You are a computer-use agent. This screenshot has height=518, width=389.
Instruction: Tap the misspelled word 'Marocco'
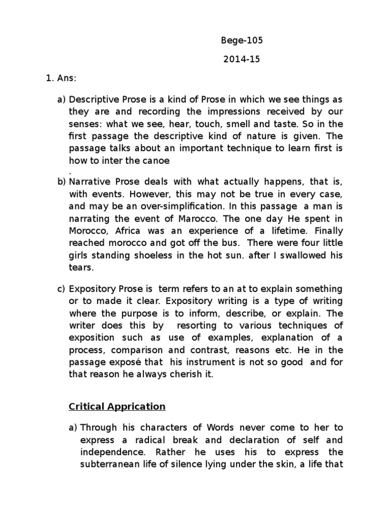[x=189, y=218]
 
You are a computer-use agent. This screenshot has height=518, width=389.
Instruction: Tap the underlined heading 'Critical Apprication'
[x=117, y=406]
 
